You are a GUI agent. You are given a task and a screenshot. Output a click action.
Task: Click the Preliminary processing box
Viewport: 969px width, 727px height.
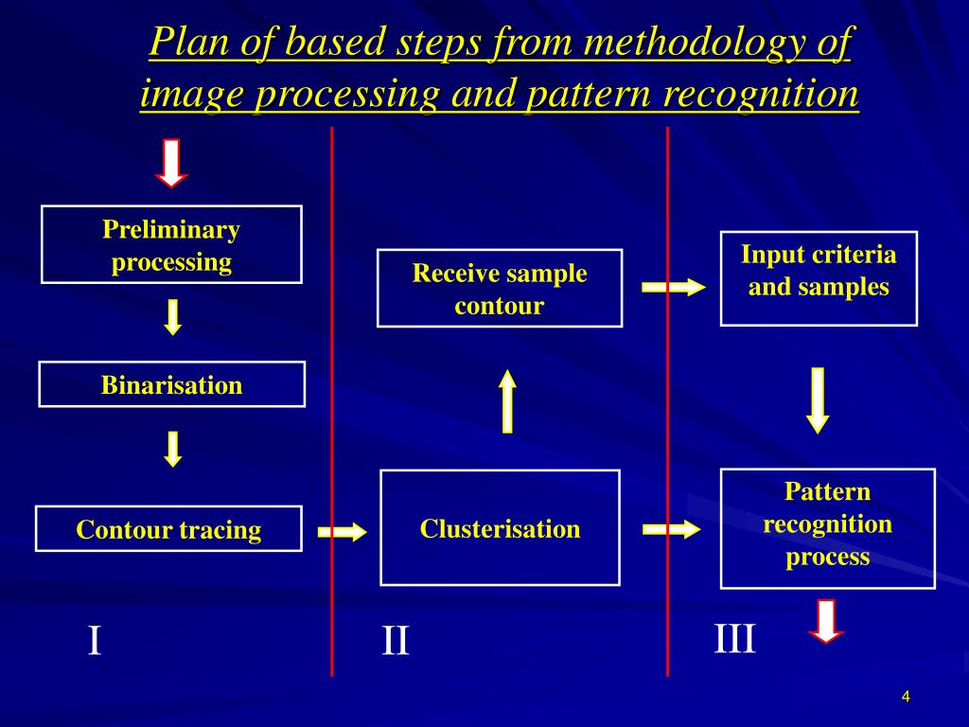pyautogui.click(x=171, y=244)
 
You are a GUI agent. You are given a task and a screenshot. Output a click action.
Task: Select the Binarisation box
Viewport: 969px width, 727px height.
pyautogui.click(x=171, y=384)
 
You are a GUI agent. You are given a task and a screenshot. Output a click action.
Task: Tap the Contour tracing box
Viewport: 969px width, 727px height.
pyautogui.click(x=168, y=529)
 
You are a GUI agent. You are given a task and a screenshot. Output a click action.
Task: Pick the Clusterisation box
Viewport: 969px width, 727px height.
pyautogui.click(x=500, y=528)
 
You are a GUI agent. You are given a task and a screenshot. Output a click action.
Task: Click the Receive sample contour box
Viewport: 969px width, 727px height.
pyautogui.click(x=500, y=289)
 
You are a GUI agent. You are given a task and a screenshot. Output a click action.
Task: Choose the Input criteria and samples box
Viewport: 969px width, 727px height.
pyautogui.click(x=819, y=278)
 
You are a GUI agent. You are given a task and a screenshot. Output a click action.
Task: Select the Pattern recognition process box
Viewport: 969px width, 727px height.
pyautogui.click(x=827, y=528)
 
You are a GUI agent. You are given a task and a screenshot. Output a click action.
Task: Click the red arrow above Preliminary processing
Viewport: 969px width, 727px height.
pyautogui.click(x=171, y=162)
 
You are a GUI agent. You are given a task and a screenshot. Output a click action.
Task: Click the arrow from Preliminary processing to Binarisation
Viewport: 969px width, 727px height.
pyautogui.click(x=172, y=317)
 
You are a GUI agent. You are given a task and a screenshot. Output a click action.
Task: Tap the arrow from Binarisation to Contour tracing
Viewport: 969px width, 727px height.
pyautogui.click(x=172, y=449)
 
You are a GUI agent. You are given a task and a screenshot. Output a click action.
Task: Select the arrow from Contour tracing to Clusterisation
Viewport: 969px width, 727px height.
pyautogui.click(x=342, y=532)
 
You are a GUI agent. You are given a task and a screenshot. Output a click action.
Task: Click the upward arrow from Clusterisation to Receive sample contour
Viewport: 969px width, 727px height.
pyautogui.click(x=508, y=401)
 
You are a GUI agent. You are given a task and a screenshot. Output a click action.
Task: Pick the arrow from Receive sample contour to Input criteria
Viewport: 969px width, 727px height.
pyautogui.click(x=674, y=287)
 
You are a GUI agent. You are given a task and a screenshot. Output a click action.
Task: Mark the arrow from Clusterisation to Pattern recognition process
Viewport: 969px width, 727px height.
pyautogui.click(x=672, y=529)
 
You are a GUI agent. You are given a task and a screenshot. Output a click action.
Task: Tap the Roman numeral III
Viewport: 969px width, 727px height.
pyautogui.click(x=735, y=639)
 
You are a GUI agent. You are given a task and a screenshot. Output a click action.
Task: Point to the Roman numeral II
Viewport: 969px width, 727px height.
pyautogui.click(x=396, y=642)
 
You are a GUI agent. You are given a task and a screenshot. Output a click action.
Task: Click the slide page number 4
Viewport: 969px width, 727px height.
pyautogui.click(x=906, y=698)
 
